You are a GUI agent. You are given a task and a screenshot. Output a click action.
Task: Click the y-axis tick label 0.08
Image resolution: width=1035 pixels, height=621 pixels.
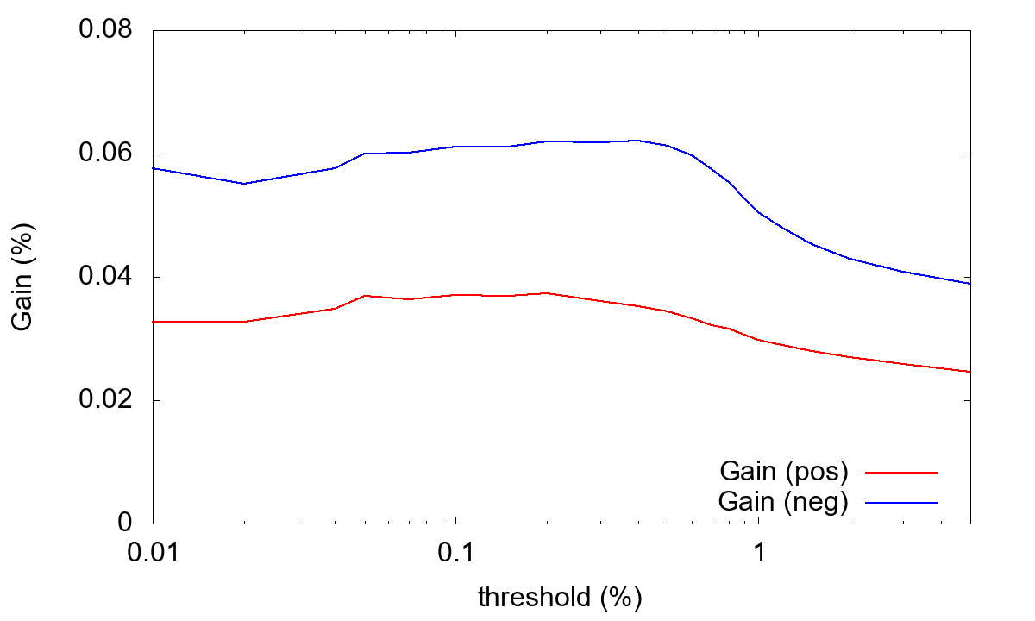coord(105,30)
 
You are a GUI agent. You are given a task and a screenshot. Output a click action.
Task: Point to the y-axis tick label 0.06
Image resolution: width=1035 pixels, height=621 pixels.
coord(105,154)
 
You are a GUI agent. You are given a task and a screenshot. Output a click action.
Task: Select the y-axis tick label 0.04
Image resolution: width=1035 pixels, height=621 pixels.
coord(105,277)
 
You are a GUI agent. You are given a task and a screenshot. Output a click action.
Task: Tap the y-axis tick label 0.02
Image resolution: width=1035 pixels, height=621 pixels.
coord(105,400)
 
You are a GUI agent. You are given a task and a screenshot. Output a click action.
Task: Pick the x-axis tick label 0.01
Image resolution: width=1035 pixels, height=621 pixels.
coord(153,552)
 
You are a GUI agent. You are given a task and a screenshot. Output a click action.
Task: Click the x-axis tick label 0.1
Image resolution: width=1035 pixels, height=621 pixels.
coord(455,552)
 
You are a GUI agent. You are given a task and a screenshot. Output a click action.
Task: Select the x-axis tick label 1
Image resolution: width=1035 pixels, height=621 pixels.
coord(758,552)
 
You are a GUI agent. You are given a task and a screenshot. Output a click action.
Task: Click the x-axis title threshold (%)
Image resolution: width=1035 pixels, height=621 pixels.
coord(561,597)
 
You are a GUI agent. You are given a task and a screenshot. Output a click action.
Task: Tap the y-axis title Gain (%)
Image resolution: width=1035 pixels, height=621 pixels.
coord(24,277)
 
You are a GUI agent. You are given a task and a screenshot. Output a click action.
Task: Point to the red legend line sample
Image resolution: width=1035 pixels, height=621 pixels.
coord(901,473)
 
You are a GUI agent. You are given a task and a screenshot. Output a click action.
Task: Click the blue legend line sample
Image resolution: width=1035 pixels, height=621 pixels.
coord(901,502)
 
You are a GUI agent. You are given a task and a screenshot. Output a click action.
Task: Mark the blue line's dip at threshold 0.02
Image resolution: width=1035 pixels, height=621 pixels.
coord(244,184)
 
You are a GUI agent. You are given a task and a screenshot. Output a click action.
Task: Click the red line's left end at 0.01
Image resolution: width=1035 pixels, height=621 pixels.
coord(154,322)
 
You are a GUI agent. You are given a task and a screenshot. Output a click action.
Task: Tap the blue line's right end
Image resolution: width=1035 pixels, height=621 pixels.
coord(969,284)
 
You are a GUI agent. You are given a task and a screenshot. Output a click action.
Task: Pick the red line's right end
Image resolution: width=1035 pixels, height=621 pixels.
coord(969,372)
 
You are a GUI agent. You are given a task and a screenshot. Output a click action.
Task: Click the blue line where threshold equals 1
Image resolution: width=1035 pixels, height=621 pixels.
coord(758,212)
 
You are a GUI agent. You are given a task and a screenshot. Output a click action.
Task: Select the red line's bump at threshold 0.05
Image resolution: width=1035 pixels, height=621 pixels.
coord(365,296)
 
